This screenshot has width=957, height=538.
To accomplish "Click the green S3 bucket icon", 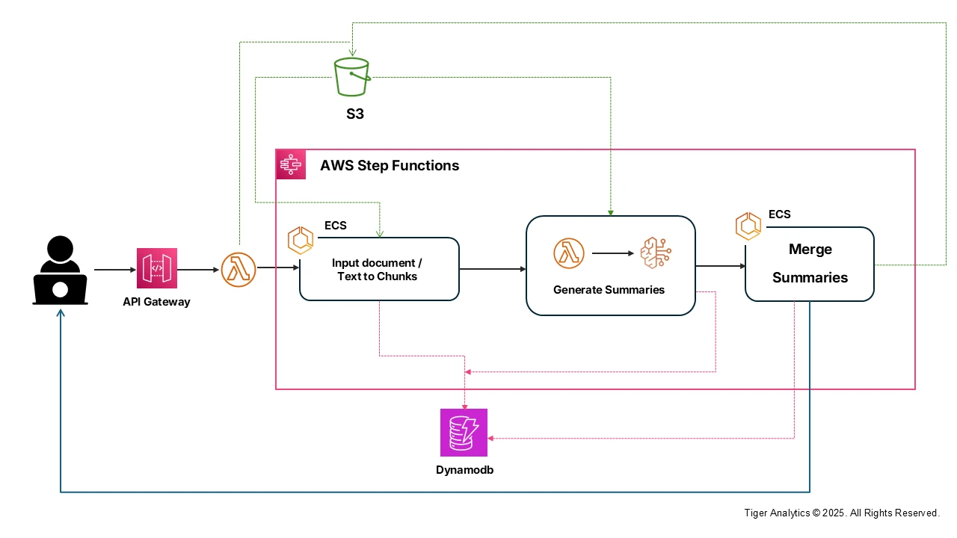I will pyautogui.click(x=351, y=77).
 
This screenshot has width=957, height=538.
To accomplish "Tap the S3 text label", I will pyautogui.click(x=355, y=114).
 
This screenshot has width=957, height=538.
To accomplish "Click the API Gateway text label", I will pyautogui.click(x=157, y=302).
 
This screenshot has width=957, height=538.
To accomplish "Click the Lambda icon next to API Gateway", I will pyautogui.click(x=239, y=269).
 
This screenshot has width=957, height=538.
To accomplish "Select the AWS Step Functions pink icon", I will pyautogui.click(x=292, y=164).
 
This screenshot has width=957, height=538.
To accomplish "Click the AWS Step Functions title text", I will pyautogui.click(x=390, y=165).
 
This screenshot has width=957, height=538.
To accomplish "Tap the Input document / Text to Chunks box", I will pyautogui.click(x=379, y=270).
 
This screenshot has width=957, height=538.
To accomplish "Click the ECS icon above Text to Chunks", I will pyautogui.click(x=301, y=241).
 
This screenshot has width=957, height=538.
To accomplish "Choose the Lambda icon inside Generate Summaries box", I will pyautogui.click(x=569, y=253).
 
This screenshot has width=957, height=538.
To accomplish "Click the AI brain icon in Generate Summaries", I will pyautogui.click(x=656, y=253).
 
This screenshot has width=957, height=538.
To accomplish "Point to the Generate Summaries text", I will pyautogui.click(x=609, y=290).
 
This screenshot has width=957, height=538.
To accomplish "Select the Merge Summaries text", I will pyautogui.click(x=810, y=263).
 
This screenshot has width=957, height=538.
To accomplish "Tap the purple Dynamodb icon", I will pyautogui.click(x=464, y=433).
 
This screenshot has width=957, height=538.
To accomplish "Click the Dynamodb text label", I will pyautogui.click(x=464, y=470).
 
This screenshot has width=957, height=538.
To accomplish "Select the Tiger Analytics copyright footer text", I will pyautogui.click(x=841, y=513).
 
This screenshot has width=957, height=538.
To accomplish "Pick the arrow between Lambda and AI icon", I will pyautogui.click(x=612, y=253).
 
